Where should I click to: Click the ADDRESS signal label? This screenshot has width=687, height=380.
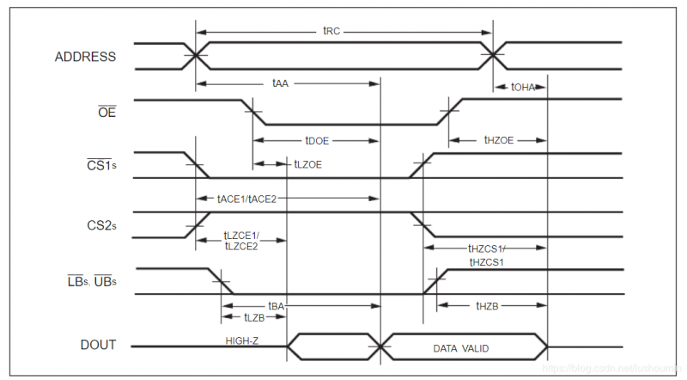click(85, 58)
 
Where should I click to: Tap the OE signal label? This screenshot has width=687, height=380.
click(107, 109)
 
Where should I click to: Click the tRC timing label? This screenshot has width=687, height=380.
click(332, 31)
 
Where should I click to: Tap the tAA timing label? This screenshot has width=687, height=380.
click(280, 83)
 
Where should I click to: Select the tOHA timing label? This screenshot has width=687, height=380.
click(523, 87)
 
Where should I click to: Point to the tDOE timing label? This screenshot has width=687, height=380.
click(318, 140)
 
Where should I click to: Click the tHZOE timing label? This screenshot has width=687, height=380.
click(498, 140)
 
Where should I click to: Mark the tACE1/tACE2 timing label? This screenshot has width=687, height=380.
click(246, 198)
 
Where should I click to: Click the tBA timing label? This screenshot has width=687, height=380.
click(276, 305)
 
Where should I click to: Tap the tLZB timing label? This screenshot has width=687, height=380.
click(254, 317)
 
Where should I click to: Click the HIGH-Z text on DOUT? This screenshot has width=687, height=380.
click(242, 340)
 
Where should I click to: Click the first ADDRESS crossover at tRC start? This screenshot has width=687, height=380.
click(197, 56)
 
